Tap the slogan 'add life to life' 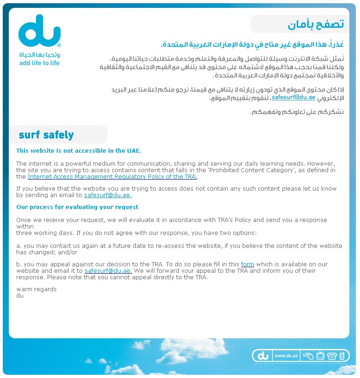(39, 63)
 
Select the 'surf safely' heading (46, 135)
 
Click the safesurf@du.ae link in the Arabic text (293, 97)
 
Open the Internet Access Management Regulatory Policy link (112, 176)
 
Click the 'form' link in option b (248, 264)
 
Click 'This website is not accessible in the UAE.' (79, 150)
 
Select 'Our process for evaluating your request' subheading (77, 207)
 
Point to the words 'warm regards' (37, 289)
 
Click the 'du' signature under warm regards (20, 295)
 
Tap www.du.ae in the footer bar (286, 356)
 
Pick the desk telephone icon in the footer (331, 356)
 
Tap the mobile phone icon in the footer (342, 356)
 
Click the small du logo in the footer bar (263, 356)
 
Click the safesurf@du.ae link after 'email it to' (108, 271)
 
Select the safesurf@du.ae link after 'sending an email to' (108, 195)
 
